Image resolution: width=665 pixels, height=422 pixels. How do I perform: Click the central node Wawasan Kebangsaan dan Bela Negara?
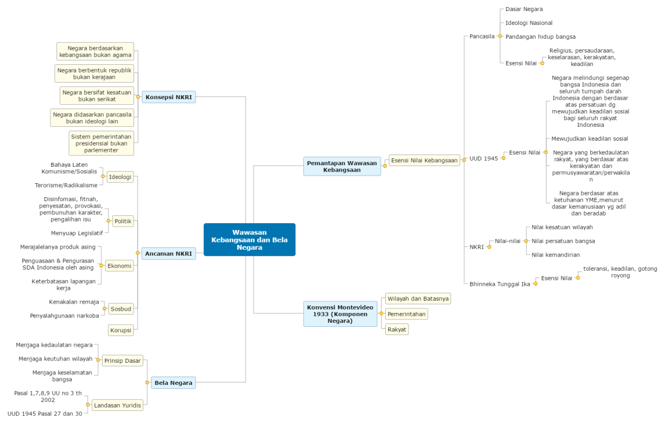coord(249,240)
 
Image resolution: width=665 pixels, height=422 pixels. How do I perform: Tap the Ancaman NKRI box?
coord(168,254)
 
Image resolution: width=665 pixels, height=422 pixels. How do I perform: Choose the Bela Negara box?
coord(173,382)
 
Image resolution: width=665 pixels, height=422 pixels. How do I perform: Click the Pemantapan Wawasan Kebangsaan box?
coord(342,166)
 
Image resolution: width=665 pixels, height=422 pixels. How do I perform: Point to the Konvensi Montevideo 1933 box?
coord(340,313)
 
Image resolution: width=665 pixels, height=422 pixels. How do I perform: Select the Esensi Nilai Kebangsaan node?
coord(424,161)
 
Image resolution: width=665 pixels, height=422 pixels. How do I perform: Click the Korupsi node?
coord(121,331)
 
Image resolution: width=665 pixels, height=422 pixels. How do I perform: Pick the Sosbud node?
coord(120,308)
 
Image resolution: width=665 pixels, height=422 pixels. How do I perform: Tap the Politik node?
coord(122,221)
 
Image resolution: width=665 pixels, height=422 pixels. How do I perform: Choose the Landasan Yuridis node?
coord(117,405)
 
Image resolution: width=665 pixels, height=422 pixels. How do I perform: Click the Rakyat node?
coord(397,329)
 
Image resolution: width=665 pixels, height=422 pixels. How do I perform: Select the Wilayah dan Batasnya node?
coord(418,299)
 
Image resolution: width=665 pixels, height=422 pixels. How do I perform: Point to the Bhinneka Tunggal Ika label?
coord(499,284)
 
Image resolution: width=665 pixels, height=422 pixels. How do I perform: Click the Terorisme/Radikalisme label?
coord(65,185)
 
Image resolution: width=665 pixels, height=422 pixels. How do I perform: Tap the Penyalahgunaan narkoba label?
coord(64,316)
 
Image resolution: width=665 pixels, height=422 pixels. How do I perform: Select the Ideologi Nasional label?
coord(529,23)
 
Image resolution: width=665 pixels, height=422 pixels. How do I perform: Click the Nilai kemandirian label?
coord(555,255)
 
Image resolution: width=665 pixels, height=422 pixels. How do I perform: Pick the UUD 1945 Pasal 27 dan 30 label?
coord(44,413)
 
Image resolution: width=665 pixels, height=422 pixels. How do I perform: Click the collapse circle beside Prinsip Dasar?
coord(99,361)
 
